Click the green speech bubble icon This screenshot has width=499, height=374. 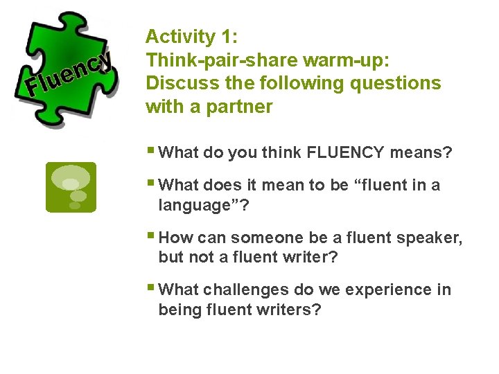[71, 187]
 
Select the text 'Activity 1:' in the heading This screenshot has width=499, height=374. [181, 37]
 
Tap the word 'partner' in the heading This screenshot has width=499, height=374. [242, 107]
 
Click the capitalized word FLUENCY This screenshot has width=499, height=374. [342, 152]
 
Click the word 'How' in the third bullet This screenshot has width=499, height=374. [176, 238]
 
